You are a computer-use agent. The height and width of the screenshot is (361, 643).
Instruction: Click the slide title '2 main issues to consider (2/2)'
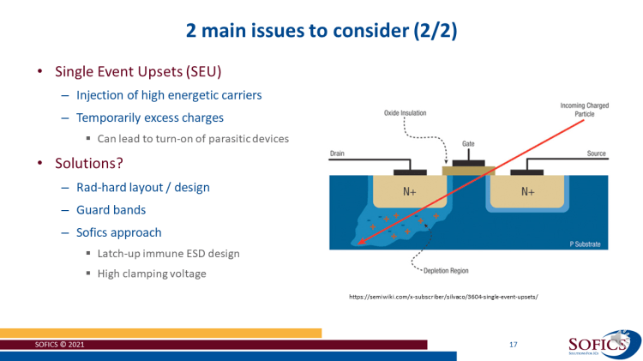[321, 31]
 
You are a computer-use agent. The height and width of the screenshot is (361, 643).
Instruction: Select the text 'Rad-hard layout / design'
[142, 187]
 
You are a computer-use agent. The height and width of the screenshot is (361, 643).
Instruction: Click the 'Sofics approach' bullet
[119, 232]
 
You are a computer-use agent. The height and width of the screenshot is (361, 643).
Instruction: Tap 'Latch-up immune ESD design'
[168, 253]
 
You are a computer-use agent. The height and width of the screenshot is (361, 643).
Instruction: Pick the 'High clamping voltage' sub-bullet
[152, 274]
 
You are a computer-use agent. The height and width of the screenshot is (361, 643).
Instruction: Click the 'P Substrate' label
[586, 244]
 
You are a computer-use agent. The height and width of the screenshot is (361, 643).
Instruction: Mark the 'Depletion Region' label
[447, 271]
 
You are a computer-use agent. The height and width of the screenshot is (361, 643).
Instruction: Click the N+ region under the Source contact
[528, 192]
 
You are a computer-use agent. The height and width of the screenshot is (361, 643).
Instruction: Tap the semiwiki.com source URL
[442, 297]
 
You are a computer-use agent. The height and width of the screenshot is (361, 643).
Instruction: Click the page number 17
[513, 345]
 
